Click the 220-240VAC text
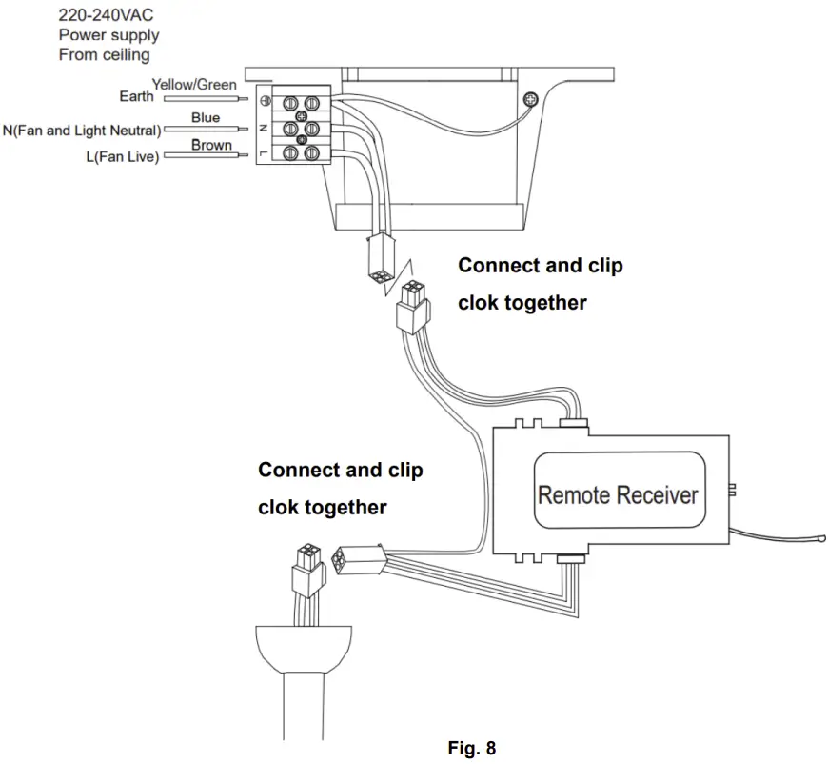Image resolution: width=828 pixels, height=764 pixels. coord(106,15)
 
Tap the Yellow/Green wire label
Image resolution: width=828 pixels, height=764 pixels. coord(194,85)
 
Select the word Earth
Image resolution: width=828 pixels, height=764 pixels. coord(136,97)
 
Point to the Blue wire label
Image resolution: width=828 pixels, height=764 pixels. coord(206,118)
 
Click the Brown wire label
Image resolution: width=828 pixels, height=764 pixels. coord(211,145)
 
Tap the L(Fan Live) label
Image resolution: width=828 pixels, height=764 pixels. coord(123,156)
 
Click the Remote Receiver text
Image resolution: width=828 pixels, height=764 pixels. coord(618,494)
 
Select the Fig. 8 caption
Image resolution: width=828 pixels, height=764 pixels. coord(472,748)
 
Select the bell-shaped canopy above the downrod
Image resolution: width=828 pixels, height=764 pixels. coord(304,645)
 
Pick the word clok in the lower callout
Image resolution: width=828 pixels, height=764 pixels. coord(284,507)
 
